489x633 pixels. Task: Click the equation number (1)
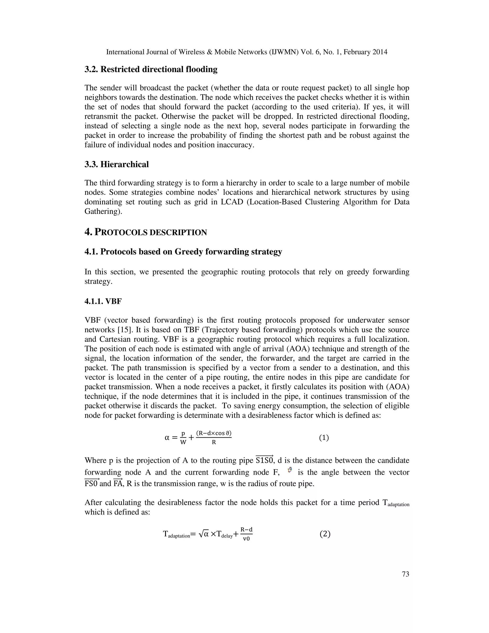coord(324,438)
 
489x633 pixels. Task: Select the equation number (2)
coord(325,534)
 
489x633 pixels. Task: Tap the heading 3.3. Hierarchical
coord(117,164)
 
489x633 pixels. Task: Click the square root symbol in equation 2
coord(201,534)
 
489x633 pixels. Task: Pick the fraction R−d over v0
coord(246,534)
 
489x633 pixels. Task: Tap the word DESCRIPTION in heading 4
coord(178,232)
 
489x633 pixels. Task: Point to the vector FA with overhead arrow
coord(118,483)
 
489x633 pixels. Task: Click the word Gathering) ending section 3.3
coord(103,211)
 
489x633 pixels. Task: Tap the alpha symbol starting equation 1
coord(167,438)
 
